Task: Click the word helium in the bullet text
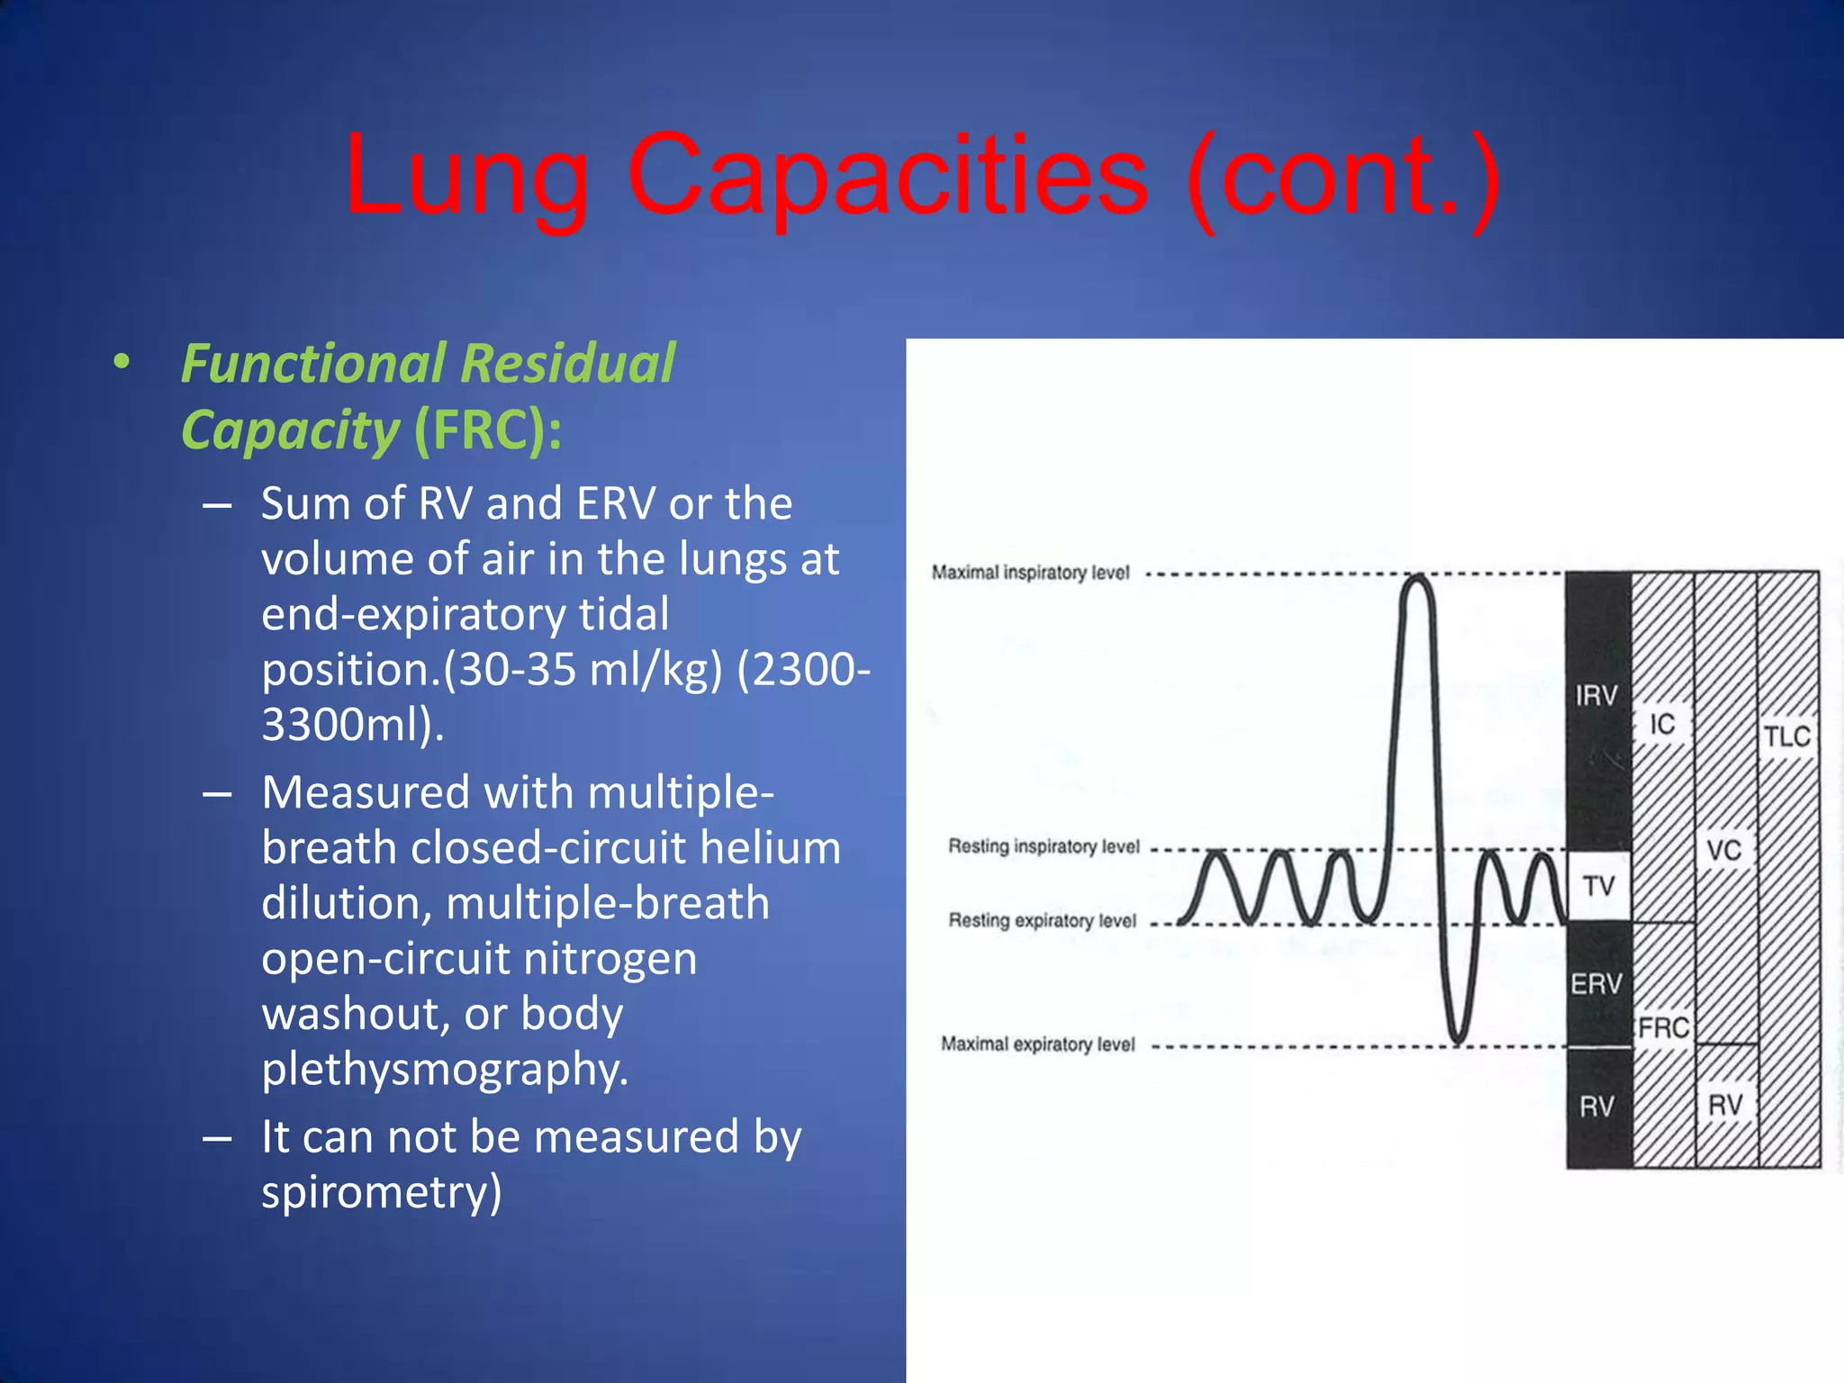[770, 847]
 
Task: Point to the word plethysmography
[445, 1069]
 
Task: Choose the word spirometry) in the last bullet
[382, 1191]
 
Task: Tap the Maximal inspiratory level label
[1030, 573]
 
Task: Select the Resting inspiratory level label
[1044, 846]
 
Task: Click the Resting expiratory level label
[1042, 920]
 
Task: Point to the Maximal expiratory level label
[1037, 1044]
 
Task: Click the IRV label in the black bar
[1596, 695]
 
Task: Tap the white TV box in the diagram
[1599, 886]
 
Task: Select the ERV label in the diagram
[1596, 983]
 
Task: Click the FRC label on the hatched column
[1664, 1027]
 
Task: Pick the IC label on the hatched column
[1662, 724]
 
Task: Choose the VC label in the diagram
[1724, 849]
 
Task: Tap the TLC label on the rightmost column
[1786, 737]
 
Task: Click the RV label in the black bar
[1597, 1106]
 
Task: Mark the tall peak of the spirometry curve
[1418, 581]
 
